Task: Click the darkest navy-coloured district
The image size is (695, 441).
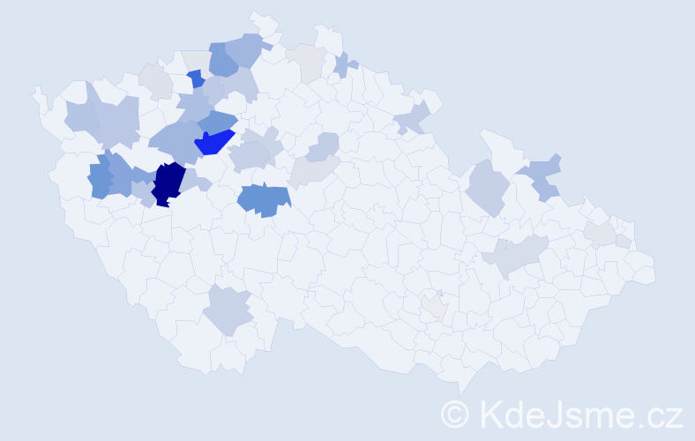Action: point(168,183)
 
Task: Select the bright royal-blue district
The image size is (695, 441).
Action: point(213,141)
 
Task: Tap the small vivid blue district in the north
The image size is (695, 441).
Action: point(196,79)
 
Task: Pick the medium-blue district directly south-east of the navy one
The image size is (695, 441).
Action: point(265,199)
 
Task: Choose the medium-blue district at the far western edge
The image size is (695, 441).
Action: point(100,176)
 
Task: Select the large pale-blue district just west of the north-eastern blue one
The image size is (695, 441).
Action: point(486,186)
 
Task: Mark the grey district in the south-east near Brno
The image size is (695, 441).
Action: point(433,306)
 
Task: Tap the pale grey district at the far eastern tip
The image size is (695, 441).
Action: point(602,233)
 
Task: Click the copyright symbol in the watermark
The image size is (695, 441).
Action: point(455,413)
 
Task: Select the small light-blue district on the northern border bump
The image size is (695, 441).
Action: point(344,64)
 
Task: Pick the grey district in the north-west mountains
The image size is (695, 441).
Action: point(156,81)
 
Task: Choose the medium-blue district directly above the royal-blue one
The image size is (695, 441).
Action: point(217,122)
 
